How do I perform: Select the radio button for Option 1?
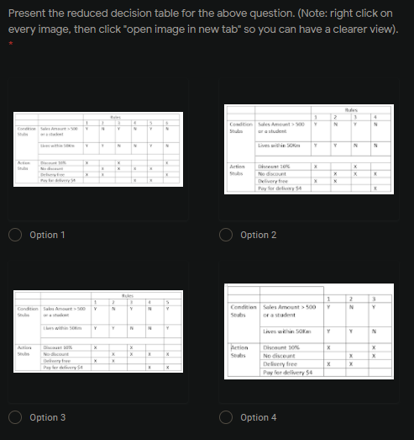(x=17, y=235)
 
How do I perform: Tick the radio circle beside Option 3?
(x=17, y=417)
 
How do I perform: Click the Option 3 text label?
(x=47, y=417)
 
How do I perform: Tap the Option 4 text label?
(x=258, y=417)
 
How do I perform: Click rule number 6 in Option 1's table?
(x=168, y=124)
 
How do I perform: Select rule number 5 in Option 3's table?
(x=167, y=301)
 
